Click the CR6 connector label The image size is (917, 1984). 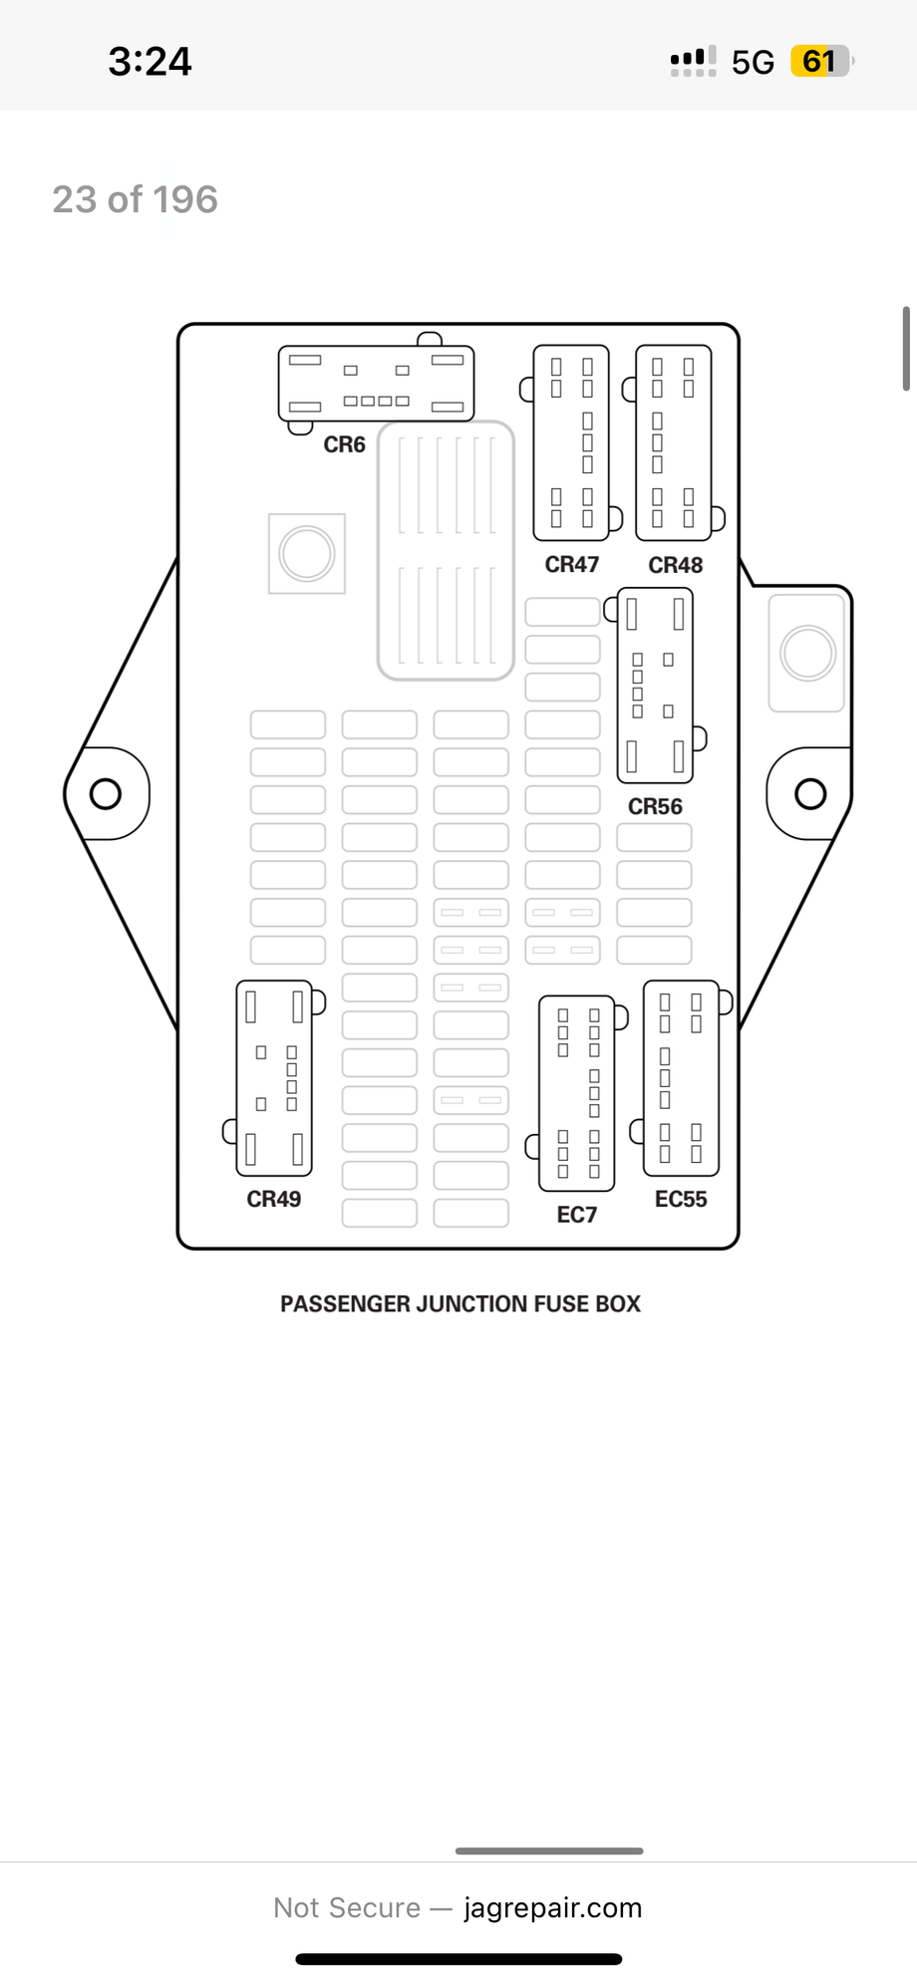(344, 444)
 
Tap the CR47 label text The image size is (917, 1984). (571, 565)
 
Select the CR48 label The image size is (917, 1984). (675, 565)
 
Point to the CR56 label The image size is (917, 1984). (655, 806)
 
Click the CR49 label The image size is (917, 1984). (274, 1199)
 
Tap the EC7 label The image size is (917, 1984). (577, 1215)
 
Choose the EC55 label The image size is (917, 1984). (681, 1199)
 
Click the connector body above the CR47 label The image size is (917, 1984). (571, 442)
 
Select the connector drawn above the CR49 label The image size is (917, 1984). (274, 1078)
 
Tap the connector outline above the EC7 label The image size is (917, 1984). (577, 1093)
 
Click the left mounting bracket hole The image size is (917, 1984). (106, 794)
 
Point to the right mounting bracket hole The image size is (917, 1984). (810, 794)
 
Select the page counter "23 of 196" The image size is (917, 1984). (135, 199)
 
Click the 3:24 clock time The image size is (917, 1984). (150, 62)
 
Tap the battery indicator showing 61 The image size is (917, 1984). (820, 62)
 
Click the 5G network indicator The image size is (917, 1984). (753, 63)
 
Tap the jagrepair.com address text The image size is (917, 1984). (552, 1907)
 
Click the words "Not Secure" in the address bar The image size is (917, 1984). (347, 1907)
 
